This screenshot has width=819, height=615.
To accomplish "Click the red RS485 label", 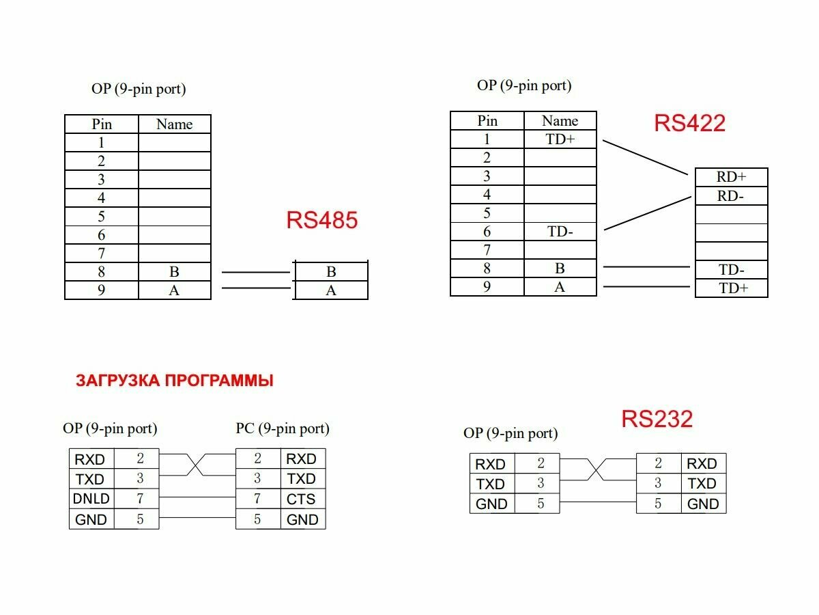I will coord(322,221).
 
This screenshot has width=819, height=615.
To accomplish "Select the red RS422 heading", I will coord(689,123).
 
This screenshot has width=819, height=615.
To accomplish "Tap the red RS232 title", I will coord(657,419).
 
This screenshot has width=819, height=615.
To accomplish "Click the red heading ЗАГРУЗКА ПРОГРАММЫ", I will coord(175,381).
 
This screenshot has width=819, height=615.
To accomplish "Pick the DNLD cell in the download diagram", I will coord(91,499).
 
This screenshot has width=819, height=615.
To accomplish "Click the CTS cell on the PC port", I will coord(301,499).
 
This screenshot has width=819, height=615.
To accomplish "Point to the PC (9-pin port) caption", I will coord(283,428).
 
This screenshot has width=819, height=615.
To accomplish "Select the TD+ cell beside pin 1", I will coord(560,139).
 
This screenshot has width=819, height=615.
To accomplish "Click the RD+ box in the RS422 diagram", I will coord(731,177).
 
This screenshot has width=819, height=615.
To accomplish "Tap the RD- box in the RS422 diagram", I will coord(731,196).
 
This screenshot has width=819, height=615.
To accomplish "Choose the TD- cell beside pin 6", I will coord(560,232).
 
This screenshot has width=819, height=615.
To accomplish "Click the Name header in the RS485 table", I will coord(174,124).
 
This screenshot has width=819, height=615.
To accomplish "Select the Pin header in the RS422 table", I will coord(487,121).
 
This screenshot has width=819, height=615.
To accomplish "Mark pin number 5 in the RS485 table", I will coord(102,217).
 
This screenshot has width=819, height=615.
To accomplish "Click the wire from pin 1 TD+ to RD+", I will coord(645,158).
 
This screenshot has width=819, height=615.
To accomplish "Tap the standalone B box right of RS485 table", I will coord(331,272).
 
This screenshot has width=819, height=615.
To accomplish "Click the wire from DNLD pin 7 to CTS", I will coord(198,498).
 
